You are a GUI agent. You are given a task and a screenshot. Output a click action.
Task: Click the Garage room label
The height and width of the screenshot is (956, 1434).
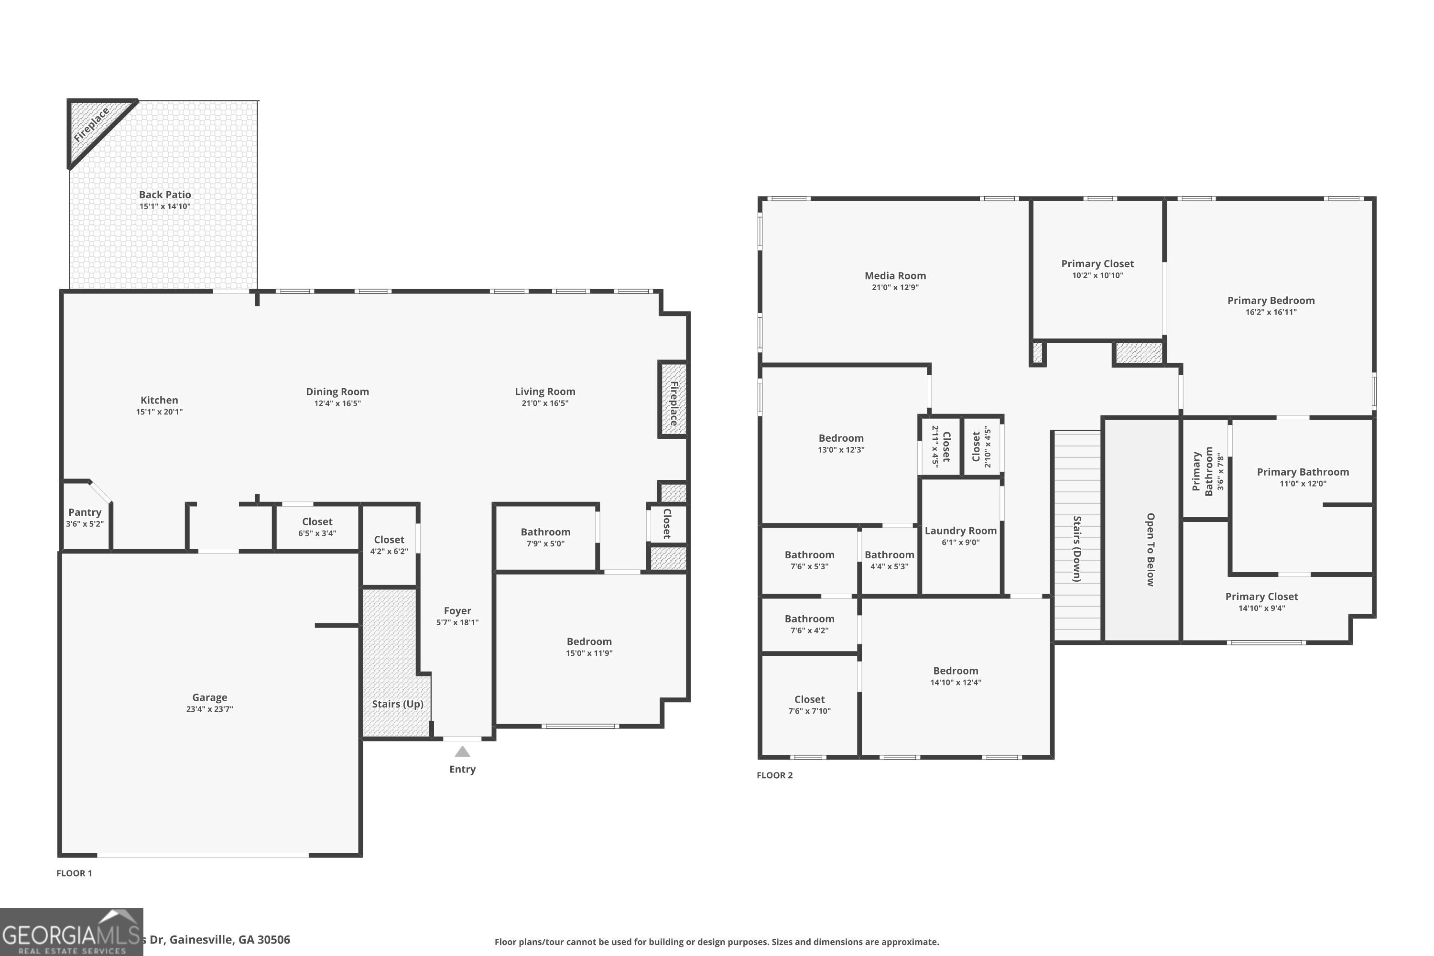pyautogui.click(x=209, y=697)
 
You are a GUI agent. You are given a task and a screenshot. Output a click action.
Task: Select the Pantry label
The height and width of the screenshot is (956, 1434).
pyautogui.click(x=85, y=512)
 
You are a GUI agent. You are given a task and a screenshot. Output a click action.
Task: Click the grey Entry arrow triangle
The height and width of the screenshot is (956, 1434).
pyautogui.click(x=462, y=752)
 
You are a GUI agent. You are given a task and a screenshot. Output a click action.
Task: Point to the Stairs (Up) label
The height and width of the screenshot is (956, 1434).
pyautogui.click(x=398, y=704)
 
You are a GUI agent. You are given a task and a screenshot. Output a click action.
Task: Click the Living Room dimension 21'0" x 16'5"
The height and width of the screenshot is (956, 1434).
pyautogui.click(x=544, y=403)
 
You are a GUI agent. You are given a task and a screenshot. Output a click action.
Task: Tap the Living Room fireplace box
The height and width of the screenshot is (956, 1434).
pyautogui.click(x=673, y=399)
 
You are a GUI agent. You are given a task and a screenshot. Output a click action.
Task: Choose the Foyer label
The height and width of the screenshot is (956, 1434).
pyautogui.click(x=457, y=610)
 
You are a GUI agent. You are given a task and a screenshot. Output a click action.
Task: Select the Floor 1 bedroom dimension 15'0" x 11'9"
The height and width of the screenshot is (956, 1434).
pyautogui.click(x=589, y=653)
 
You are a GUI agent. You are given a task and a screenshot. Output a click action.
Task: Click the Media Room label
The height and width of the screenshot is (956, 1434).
pyautogui.click(x=895, y=276)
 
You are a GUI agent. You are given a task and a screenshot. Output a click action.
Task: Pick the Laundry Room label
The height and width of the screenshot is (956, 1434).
pyautogui.click(x=960, y=531)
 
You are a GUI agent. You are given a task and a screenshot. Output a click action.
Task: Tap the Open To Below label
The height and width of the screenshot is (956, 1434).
pyautogui.click(x=1150, y=549)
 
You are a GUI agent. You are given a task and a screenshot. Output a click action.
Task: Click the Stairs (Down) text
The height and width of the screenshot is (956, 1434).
pyautogui.click(x=1077, y=549)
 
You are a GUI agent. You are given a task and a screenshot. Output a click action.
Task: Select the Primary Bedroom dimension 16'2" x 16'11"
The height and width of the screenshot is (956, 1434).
pyautogui.click(x=1271, y=312)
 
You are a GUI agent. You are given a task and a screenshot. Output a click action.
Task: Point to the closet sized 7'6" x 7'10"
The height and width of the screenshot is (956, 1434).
pyautogui.click(x=809, y=705)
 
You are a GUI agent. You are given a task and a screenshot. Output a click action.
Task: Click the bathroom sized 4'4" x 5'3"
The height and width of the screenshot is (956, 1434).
pyautogui.click(x=889, y=560)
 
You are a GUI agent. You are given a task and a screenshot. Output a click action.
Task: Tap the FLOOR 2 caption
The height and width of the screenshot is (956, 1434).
pyautogui.click(x=774, y=775)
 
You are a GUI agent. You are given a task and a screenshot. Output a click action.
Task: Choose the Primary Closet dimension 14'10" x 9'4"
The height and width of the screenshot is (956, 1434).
pyautogui.click(x=1261, y=608)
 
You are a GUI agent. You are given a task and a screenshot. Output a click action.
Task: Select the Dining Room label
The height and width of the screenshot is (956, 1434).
pyautogui.click(x=337, y=391)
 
